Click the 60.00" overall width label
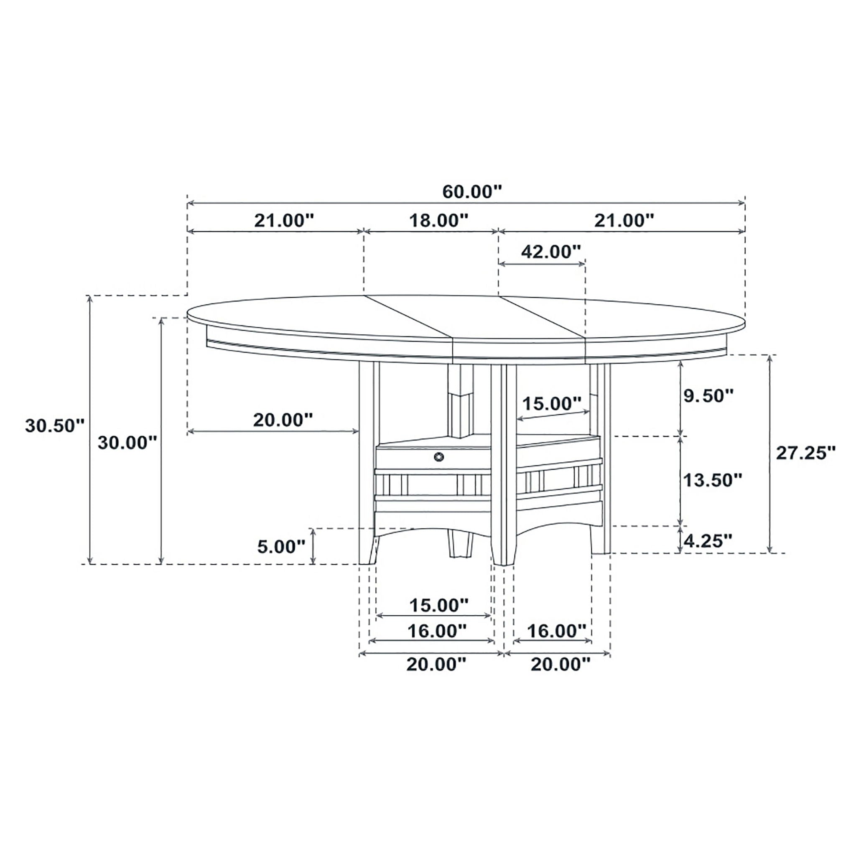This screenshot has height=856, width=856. (472, 192)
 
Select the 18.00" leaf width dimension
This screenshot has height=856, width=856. (438, 220)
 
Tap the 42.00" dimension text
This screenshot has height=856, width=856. (550, 252)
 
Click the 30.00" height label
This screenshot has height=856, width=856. (127, 443)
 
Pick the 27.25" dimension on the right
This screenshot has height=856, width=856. (805, 453)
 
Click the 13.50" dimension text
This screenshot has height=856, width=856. (713, 479)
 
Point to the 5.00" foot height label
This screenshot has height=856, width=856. (281, 547)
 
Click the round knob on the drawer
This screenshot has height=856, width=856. (438, 457)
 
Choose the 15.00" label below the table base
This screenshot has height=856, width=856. (438, 605)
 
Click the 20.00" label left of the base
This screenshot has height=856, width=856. (283, 420)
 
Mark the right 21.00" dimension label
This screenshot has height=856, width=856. (624, 220)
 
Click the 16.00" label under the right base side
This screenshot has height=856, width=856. (556, 630)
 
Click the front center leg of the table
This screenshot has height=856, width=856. (503, 465)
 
